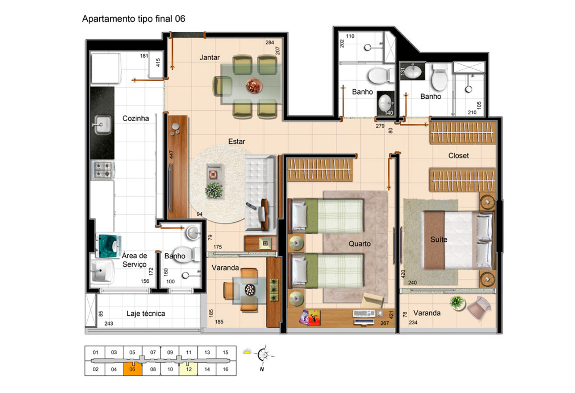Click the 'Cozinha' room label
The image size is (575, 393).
click(136, 118)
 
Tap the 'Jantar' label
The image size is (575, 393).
click(209, 57)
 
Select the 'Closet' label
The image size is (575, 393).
click(458, 156)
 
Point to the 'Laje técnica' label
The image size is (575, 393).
click(146, 314)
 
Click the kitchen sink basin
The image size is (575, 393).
click(103, 125)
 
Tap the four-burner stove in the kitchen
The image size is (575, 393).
click(103, 170)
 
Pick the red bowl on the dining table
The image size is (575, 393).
click(254, 86)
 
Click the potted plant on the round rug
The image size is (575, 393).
click(214, 191)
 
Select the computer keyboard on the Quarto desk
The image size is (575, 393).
click(364, 313)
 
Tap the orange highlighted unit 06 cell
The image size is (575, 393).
click(133, 369)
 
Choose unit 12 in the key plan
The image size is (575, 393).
click(188, 369)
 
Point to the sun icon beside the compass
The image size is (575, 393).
click(247, 351)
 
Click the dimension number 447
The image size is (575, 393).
click(171, 155)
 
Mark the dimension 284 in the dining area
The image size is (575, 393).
click(270, 42)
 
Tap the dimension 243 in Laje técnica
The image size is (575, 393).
click(109, 324)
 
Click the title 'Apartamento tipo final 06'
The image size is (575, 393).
click(133, 19)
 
